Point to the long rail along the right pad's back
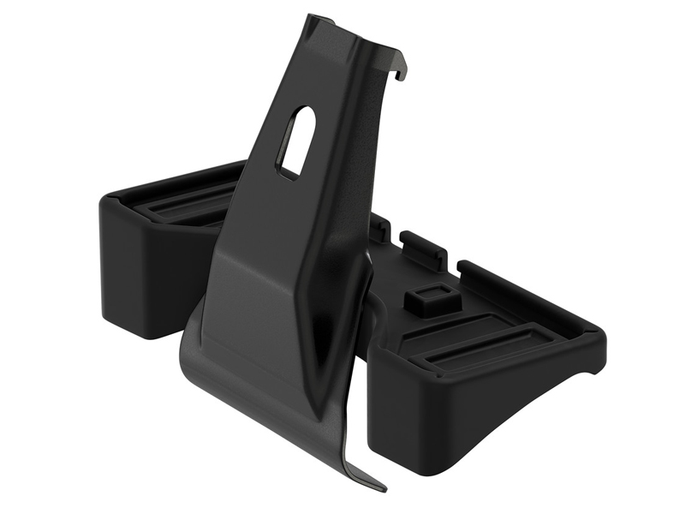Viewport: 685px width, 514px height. click(x=522, y=291)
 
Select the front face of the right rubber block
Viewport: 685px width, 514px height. click(x=428, y=411)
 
